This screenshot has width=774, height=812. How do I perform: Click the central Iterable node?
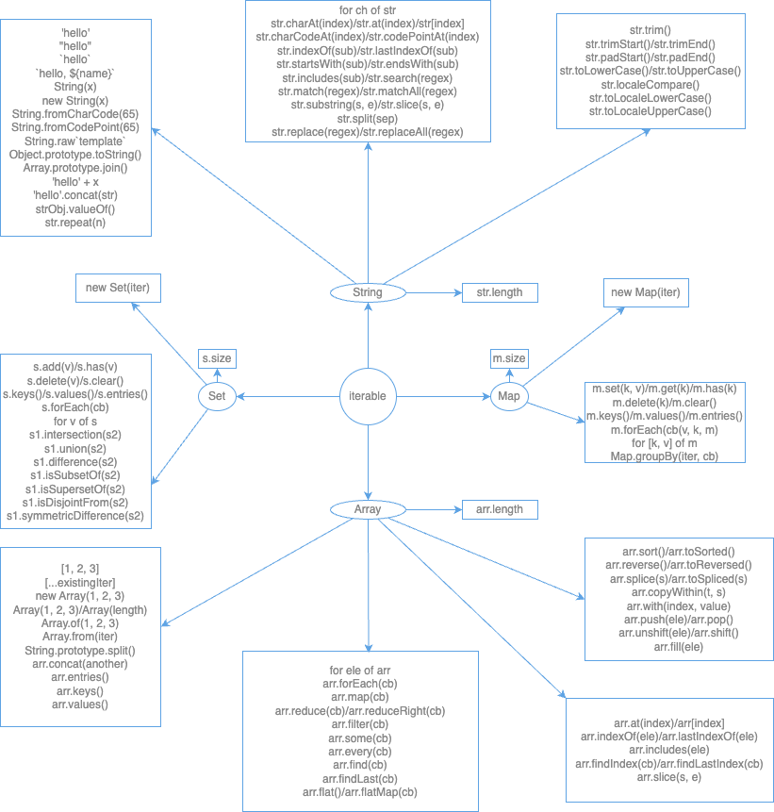(x=367, y=396)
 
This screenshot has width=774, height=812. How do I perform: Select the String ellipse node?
(x=367, y=293)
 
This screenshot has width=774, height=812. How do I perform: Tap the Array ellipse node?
(x=367, y=509)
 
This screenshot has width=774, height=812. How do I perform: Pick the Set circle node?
(x=216, y=396)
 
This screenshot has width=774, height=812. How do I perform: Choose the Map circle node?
(x=510, y=396)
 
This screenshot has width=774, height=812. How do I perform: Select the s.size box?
(x=216, y=358)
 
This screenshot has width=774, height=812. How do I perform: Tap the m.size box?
(x=510, y=358)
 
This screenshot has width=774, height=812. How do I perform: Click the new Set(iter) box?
(x=118, y=288)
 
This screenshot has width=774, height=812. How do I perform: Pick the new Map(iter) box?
(x=645, y=292)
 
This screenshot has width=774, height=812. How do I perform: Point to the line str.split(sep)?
(x=366, y=119)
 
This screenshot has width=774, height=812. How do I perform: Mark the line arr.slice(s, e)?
(x=670, y=777)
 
